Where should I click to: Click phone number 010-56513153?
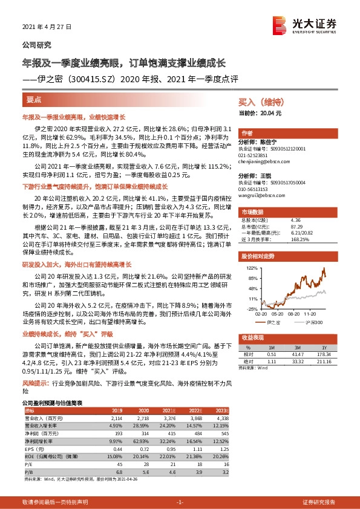tap(255, 189)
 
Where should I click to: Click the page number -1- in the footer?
tap(179, 502)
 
